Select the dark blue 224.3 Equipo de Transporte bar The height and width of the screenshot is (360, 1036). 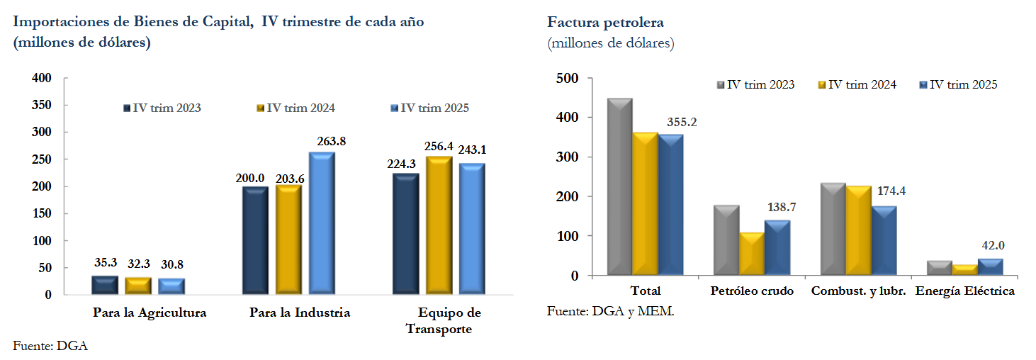pos(406,234)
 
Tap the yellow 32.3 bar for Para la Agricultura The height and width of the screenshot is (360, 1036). pos(139,286)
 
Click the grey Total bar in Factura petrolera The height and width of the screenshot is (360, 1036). pos(619,188)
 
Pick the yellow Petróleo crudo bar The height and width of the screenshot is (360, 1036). pos(751,254)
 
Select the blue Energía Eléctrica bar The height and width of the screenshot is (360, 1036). pos(990,267)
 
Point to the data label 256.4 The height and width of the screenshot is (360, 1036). pos(439,147)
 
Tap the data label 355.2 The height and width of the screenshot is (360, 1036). pos(682,123)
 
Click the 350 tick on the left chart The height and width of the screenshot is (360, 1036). pos(42,105)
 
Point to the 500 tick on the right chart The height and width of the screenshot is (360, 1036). pos(567,78)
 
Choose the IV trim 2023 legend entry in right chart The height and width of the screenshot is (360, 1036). pos(755,85)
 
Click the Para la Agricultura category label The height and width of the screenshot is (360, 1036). pos(150,313)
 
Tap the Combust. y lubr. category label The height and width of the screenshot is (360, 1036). pos(858,291)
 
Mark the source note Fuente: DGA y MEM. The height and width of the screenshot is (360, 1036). pos(611,312)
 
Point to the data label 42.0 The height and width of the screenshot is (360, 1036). pos(990,245)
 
